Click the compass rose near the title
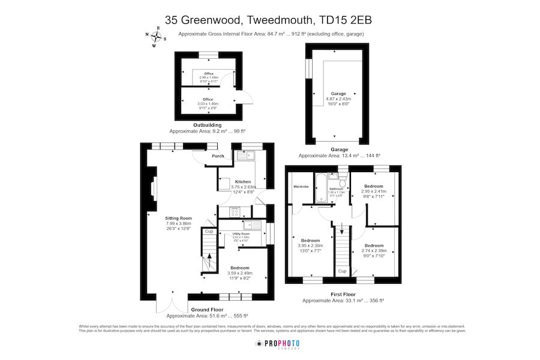click(x=156, y=37)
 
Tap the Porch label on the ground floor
click(x=218, y=157)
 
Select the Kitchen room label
click(x=242, y=181)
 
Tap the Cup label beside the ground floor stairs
click(x=209, y=231)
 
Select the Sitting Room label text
click(x=178, y=218)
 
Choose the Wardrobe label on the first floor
click(x=301, y=187)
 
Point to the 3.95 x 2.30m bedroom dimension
click(x=310, y=245)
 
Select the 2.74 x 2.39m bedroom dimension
click(x=374, y=250)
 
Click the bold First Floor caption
click(x=343, y=294)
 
